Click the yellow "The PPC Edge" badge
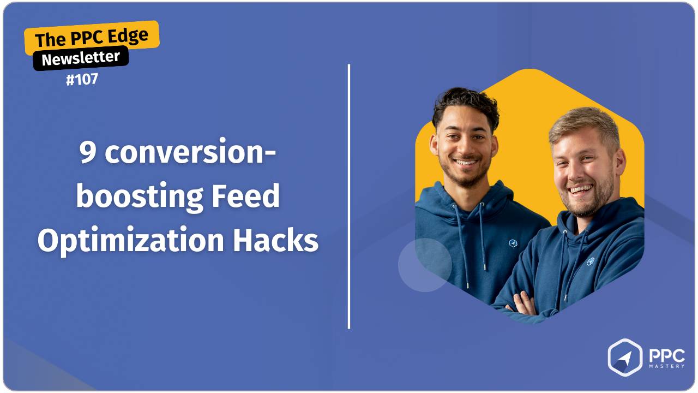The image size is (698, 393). tap(92, 37)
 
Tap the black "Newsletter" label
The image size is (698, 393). tap(81, 58)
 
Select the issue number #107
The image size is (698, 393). tap(82, 80)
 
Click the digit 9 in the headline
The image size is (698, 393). tap(88, 153)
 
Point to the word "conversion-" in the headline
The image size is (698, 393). tap(190, 153)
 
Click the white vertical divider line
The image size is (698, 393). tap(348, 196)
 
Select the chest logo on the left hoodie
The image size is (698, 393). tap(512, 243)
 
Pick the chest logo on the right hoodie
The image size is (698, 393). tap(590, 261)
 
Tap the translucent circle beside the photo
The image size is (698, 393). tap(425, 265)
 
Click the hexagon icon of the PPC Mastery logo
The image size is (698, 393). tap(625, 358)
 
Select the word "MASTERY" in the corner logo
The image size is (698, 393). tap(666, 366)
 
